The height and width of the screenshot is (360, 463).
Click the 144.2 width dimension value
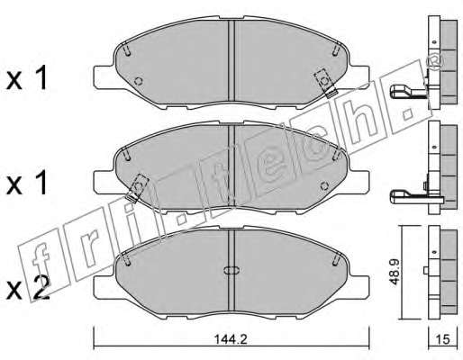tap(231, 339)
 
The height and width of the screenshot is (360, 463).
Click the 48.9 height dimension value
tap(395, 273)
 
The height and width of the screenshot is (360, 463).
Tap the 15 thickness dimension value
tap(443, 339)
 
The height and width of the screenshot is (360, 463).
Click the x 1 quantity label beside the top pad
tap(27, 78)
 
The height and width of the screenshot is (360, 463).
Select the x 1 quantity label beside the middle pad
tap(27, 183)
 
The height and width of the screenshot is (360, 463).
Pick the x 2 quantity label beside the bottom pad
tap(28, 288)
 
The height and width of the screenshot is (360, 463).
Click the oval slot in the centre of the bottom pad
tap(231, 270)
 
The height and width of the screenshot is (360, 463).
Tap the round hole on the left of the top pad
tap(139, 81)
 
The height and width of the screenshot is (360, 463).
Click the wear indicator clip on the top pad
tap(325, 83)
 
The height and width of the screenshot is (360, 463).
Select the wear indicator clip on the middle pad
tap(137, 188)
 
